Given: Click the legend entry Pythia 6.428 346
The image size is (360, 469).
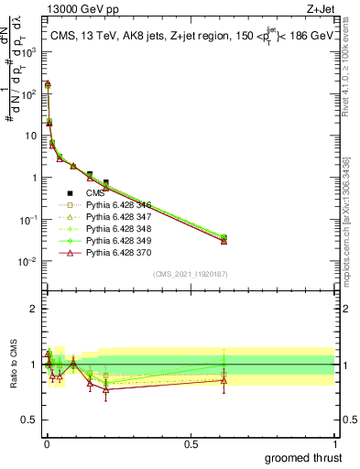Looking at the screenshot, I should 115,206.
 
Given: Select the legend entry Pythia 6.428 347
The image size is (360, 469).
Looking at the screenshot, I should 115,217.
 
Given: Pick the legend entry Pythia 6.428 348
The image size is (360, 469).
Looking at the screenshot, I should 115,228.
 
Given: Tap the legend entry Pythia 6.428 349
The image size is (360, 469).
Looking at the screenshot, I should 115,239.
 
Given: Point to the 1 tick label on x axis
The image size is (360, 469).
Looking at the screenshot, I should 335,442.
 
